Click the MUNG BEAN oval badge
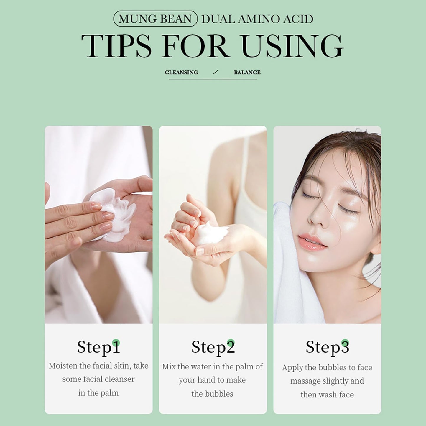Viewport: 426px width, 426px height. click(155, 19)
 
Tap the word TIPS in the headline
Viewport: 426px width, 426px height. click(116, 46)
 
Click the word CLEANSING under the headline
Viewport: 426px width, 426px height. click(182, 72)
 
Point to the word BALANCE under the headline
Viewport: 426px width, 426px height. click(247, 72)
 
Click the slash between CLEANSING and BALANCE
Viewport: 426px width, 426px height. click(215, 72)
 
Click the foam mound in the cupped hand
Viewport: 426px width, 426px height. click(211, 233)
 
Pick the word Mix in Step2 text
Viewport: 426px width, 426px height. click(169, 367)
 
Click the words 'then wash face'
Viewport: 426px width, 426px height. click(327, 395)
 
